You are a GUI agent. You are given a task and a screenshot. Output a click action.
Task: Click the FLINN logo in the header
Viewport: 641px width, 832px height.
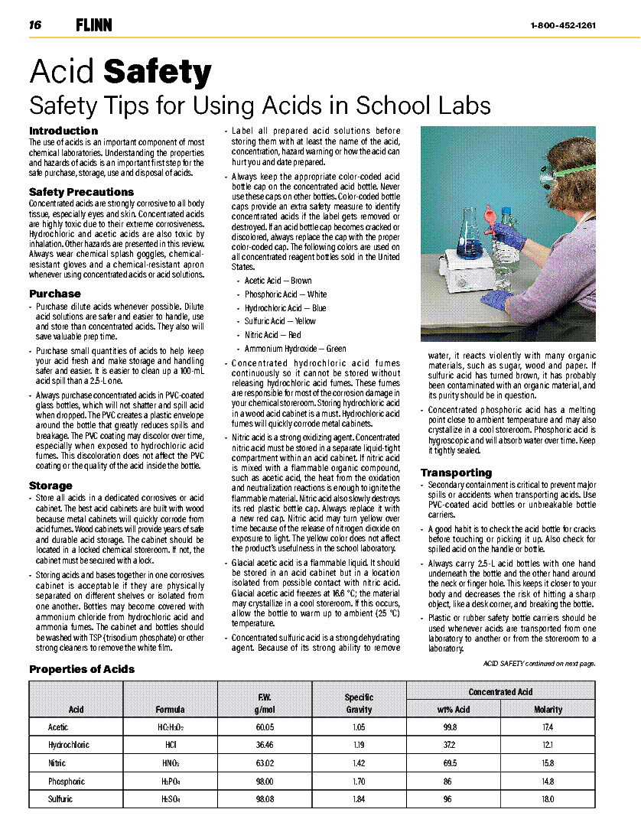click(x=94, y=25)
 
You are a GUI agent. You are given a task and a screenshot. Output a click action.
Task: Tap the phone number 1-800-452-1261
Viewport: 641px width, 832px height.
click(x=563, y=25)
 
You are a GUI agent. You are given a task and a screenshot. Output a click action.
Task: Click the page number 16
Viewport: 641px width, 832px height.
click(x=35, y=25)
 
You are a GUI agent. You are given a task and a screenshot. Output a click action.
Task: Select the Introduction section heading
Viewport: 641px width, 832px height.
click(x=63, y=131)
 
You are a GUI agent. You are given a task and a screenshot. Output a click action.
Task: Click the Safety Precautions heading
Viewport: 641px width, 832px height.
click(x=81, y=192)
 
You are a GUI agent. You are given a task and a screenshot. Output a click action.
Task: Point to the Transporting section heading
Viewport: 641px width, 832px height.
click(x=456, y=473)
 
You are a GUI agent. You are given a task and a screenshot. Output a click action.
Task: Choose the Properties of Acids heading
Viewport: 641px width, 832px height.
click(x=82, y=669)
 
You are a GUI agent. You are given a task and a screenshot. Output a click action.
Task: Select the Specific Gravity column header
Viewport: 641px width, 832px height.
click(x=359, y=703)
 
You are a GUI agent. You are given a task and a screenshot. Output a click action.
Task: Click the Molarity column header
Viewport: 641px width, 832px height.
click(x=548, y=709)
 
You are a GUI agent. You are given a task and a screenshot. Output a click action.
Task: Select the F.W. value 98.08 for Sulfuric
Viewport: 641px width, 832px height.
click(x=265, y=799)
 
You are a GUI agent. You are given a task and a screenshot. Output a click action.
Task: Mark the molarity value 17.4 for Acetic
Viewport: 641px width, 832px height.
click(x=548, y=727)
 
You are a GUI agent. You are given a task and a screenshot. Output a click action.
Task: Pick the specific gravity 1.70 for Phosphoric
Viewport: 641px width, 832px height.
click(x=359, y=782)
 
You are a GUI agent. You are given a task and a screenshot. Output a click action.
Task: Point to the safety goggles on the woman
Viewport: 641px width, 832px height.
click(x=548, y=175)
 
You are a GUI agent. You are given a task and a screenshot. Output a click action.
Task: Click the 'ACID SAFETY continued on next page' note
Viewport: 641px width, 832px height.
click(x=539, y=664)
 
